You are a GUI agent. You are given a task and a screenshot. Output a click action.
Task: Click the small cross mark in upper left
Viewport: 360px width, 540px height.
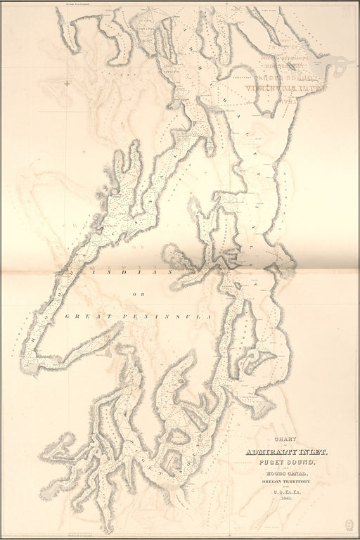(x=67, y=84)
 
